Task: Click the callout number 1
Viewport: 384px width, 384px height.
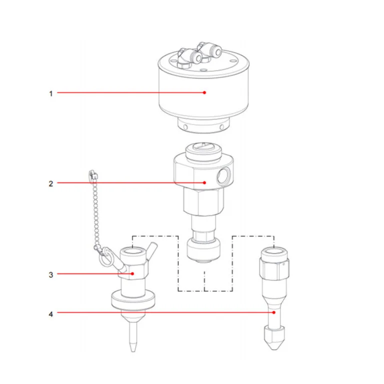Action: tap(51, 93)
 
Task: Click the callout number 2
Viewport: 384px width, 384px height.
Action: tap(51, 183)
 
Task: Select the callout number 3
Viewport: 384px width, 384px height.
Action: tap(51, 275)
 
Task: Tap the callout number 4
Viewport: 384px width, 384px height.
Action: tap(51, 314)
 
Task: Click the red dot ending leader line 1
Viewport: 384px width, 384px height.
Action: tap(204, 92)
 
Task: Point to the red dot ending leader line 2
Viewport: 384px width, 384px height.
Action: tap(204, 182)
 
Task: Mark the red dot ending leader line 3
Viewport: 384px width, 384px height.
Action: tap(132, 274)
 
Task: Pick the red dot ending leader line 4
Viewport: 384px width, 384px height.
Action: tap(274, 312)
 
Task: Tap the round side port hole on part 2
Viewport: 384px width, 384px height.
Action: tap(223, 175)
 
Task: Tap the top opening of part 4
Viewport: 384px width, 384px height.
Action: tap(274, 251)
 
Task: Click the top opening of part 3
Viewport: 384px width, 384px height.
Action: tap(132, 251)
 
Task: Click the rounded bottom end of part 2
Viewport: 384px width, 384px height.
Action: tap(204, 250)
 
